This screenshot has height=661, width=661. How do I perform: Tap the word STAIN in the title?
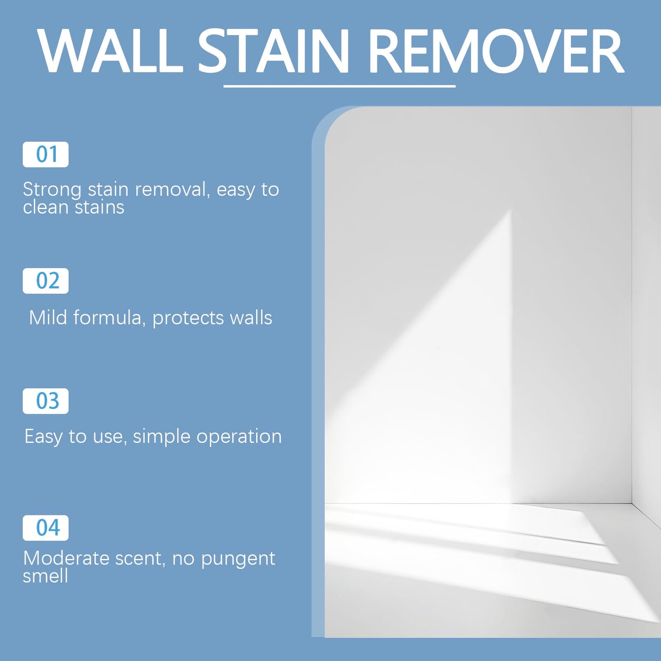274,51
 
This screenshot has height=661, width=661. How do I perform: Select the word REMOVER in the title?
496,51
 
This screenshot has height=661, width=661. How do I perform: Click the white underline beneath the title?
339,86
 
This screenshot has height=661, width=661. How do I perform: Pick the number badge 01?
46,155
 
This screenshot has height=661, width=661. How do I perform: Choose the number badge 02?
46,281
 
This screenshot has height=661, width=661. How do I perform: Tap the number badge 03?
46,401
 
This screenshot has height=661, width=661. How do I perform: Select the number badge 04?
46,528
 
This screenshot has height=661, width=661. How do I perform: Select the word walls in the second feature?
251,317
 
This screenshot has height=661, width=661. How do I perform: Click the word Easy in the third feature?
43,437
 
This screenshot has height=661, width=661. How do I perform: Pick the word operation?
239,437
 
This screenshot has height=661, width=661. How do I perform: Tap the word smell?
45,576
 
